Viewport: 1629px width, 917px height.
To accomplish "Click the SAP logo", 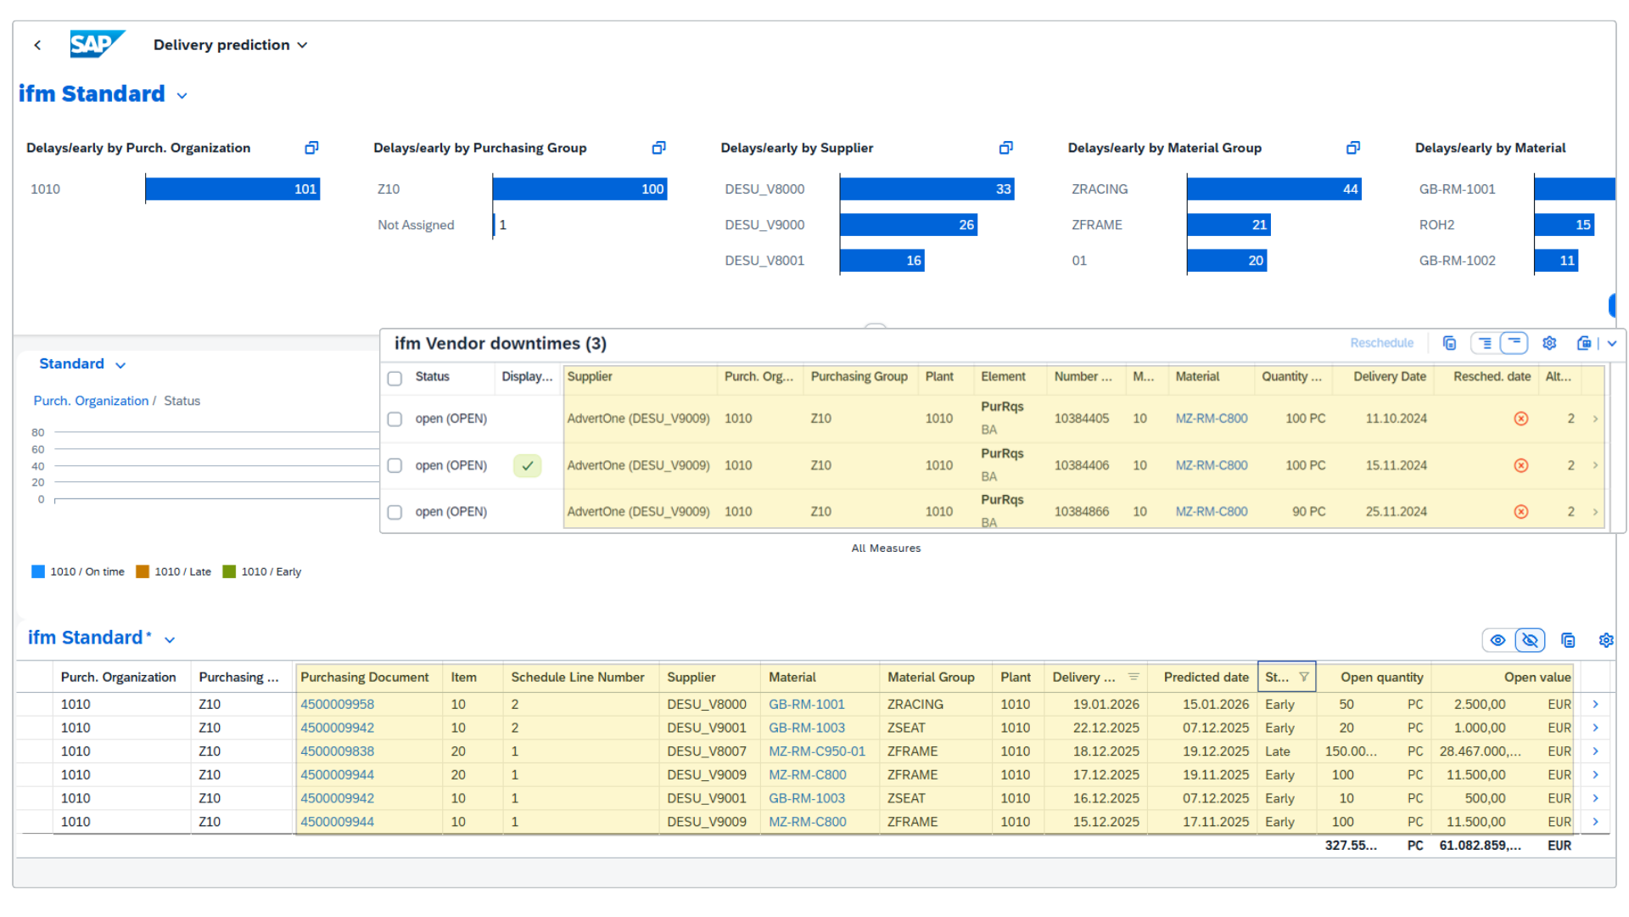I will [x=97, y=44].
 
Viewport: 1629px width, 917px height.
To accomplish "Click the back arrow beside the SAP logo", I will [x=37, y=45].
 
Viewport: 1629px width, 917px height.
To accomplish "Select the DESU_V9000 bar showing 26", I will [x=908, y=225].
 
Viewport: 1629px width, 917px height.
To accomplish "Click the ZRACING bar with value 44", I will [x=1274, y=189].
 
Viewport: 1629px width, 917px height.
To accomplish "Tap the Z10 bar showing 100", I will [x=579, y=189].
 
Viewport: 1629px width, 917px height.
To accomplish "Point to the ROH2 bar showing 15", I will [x=1564, y=225].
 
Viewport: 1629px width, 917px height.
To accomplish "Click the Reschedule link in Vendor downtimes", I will [x=1381, y=343].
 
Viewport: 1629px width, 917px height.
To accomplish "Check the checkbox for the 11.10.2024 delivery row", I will [x=395, y=419].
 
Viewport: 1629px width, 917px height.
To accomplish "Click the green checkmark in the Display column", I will [x=527, y=465].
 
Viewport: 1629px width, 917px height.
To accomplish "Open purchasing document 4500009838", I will [x=337, y=751].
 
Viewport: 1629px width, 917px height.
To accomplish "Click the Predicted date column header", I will [x=1206, y=677].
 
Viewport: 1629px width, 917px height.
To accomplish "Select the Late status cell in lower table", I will [x=1277, y=751].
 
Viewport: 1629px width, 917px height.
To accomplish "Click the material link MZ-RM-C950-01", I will [x=816, y=751].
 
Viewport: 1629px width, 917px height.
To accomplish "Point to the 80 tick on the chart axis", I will [x=38, y=432].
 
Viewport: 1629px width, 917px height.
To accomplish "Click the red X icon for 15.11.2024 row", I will [x=1520, y=465].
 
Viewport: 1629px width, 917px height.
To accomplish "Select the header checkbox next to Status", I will [x=395, y=378].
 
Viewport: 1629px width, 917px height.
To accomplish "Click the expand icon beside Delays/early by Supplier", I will [x=1005, y=148].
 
